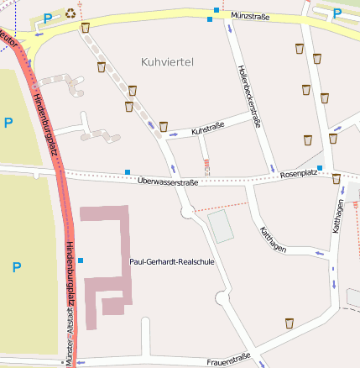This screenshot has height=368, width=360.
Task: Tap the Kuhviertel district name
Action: pyautogui.click(x=168, y=61)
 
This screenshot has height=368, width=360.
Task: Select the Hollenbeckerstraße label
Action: pyautogui.click(x=249, y=97)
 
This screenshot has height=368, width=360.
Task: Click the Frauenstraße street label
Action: pyautogui.click(x=227, y=361)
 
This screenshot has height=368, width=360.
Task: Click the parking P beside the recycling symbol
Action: pyautogui.click(x=47, y=17)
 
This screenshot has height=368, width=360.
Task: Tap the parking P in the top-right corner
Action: pyautogui.click(x=337, y=13)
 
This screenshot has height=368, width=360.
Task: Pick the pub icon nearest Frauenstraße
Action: pyautogui.click(x=289, y=323)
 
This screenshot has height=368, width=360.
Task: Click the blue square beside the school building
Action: pyautogui.click(x=81, y=260)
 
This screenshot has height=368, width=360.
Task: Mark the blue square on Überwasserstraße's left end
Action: pyautogui.click(x=128, y=172)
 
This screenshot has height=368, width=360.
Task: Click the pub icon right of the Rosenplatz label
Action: pyautogui.click(x=337, y=178)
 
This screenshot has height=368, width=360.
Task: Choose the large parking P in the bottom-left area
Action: pyautogui.click(x=16, y=267)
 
